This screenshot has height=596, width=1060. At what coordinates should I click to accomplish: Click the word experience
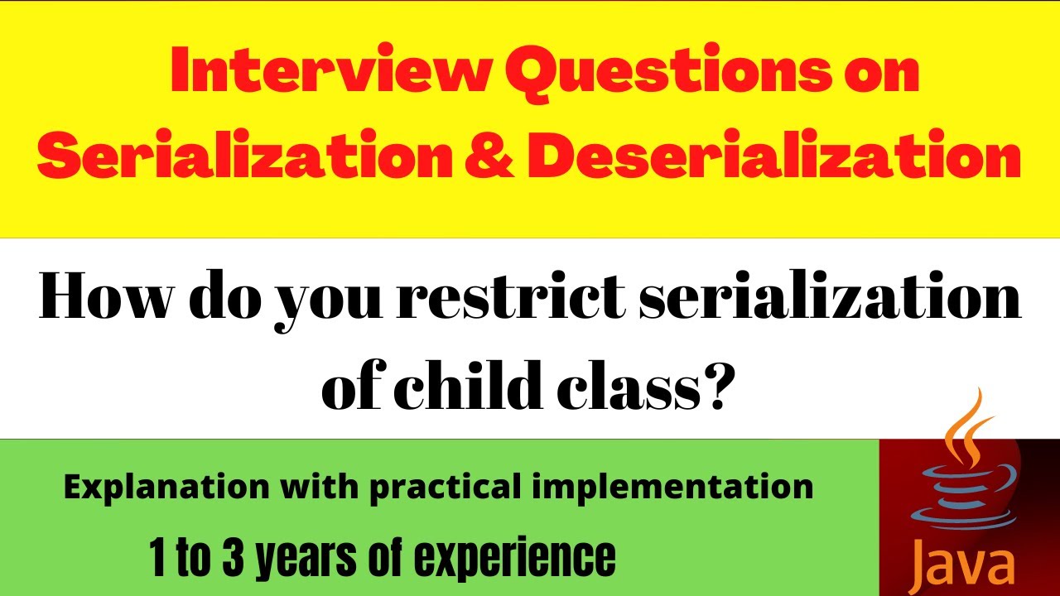tap(514, 559)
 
